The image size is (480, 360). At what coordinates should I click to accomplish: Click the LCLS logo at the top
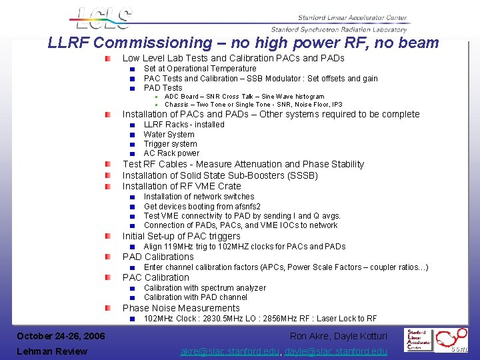[x=103, y=19]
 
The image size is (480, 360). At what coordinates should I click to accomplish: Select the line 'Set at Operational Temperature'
[x=200, y=69]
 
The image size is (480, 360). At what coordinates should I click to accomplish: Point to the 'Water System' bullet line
[x=169, y=134]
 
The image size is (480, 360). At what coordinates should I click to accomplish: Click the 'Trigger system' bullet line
[x=170, y=144]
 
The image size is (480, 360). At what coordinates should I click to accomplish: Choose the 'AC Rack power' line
[x=171, y=153]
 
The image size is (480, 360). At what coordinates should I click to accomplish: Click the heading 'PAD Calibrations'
[x=158, y=257]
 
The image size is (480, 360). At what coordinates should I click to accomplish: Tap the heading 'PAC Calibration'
[x=156, y=277]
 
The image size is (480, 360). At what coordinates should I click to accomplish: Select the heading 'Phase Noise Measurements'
[x=181, y=308]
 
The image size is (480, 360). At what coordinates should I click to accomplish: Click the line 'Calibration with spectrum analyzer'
[x=205, y=288]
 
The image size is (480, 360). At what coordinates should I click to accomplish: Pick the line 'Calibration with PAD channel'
[x=195, y=297]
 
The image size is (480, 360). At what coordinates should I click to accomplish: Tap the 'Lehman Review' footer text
[x=52, y=351]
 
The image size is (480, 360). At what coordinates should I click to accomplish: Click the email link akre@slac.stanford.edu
[x=231, y=351]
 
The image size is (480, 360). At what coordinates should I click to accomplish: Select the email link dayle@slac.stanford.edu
[x=337, y=351]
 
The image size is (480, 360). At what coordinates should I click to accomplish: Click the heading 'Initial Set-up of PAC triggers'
[x=181, y=236]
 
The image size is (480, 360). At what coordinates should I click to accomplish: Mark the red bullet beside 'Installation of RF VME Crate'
[x=107, y=187]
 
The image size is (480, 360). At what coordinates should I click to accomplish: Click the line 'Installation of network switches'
[x=199, y=197]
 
